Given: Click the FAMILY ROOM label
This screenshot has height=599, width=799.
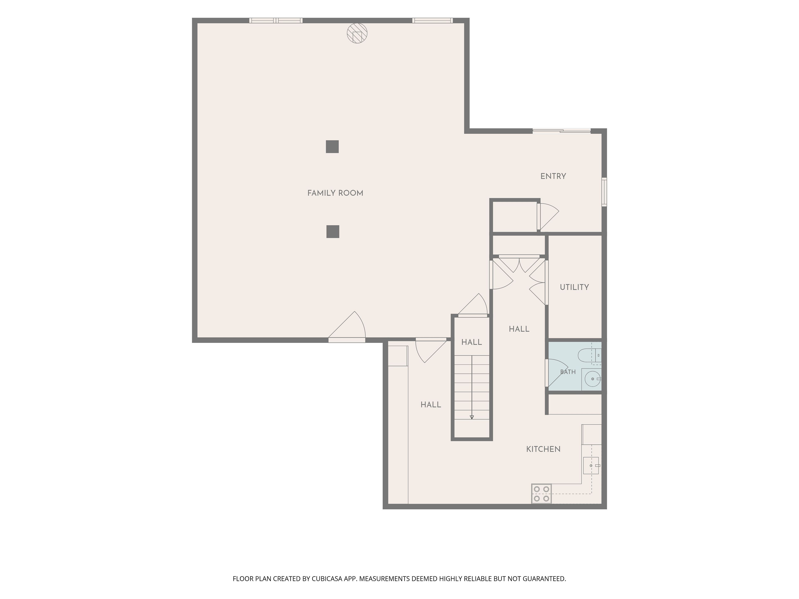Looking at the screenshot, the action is [335, 193].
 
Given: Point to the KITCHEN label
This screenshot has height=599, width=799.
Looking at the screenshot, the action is [543, 449].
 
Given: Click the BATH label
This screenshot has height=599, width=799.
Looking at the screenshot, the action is [568, 372].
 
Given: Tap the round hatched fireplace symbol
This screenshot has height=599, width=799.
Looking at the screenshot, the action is [357, 33].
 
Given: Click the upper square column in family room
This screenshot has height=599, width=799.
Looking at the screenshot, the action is [332, 147].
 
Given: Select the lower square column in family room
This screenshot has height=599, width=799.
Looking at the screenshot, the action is [333, 231].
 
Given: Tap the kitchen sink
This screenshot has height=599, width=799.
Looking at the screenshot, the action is [591, 465].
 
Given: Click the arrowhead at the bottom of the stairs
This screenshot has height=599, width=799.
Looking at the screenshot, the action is [472, 417].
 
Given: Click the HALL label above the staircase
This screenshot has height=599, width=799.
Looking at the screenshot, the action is [472, 342].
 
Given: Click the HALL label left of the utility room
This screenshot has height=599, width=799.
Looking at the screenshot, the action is [519, 329].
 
